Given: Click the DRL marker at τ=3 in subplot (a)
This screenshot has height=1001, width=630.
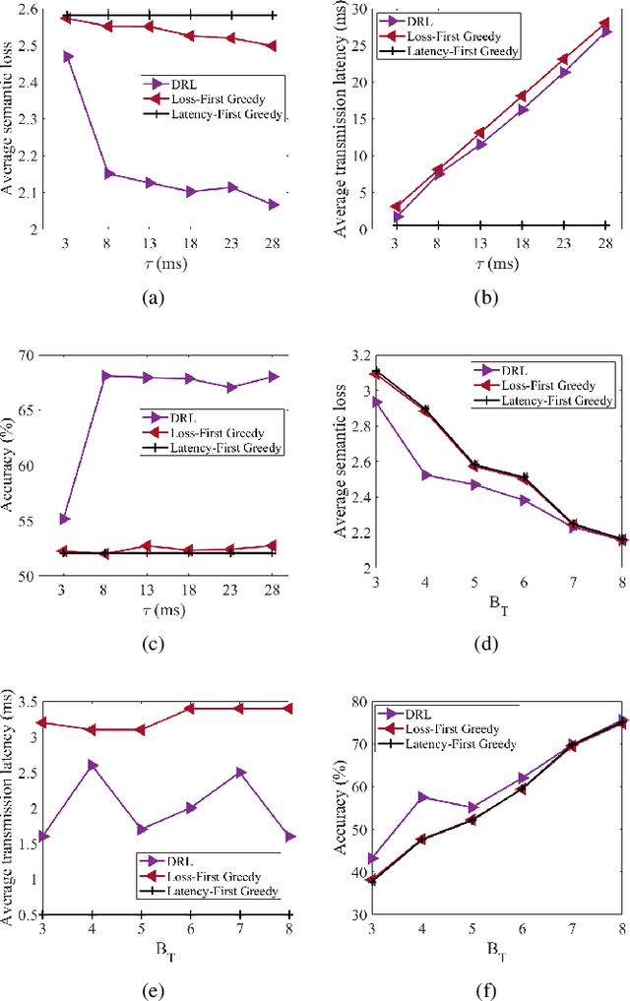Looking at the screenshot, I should tap(67, 56).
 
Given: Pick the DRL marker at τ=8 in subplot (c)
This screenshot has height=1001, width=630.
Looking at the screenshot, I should tap(108, 376).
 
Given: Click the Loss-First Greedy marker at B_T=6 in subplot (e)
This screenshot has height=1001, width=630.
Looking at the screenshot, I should tap(191, 708).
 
